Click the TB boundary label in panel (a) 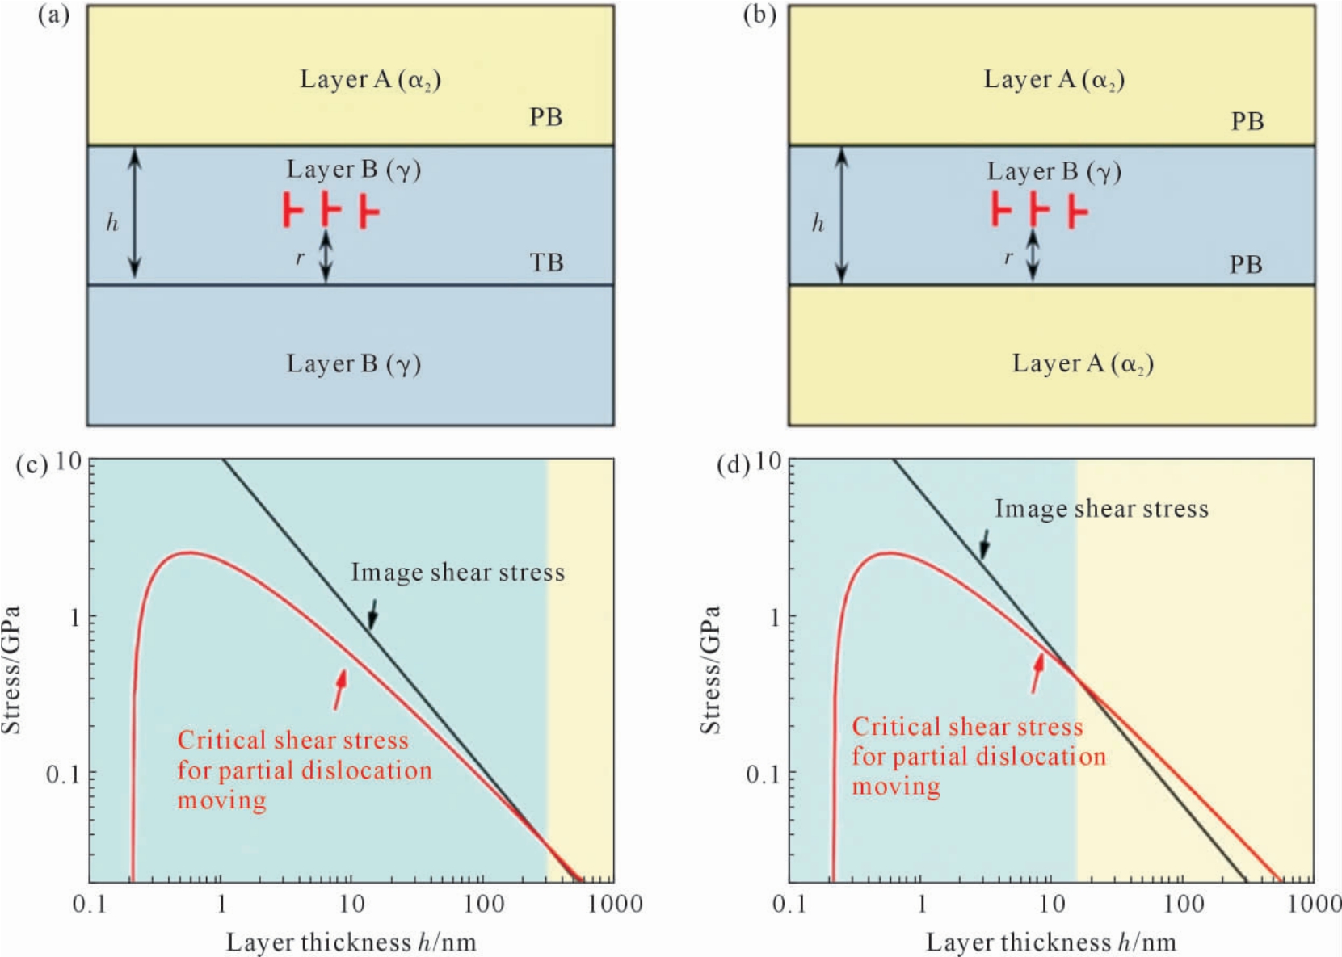[x=546, y=262]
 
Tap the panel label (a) [x=54, y=15]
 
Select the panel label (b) [x=759, y=15]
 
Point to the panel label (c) [x=32, y=464]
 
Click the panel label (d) [x=733, y=464]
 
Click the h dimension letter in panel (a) [x=112, y=223]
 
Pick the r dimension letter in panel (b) [x=1009, y=258]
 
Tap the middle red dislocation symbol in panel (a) [x=330, y=209]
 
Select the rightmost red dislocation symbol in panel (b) [x=1078, y=211]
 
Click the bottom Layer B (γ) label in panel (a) [x=353, y=363]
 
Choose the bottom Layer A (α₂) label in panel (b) [x=1083, y=363]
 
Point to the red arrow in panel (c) [x=339, y=690]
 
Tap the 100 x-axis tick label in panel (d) [x=1183, y=904]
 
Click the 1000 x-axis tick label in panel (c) [x=615, y=904]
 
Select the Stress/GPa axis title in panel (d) [x=710, y=669]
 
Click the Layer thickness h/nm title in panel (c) [x=351, y=942]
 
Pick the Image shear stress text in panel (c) [x=458, y=572]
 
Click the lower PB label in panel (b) [x=1246, y=264]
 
